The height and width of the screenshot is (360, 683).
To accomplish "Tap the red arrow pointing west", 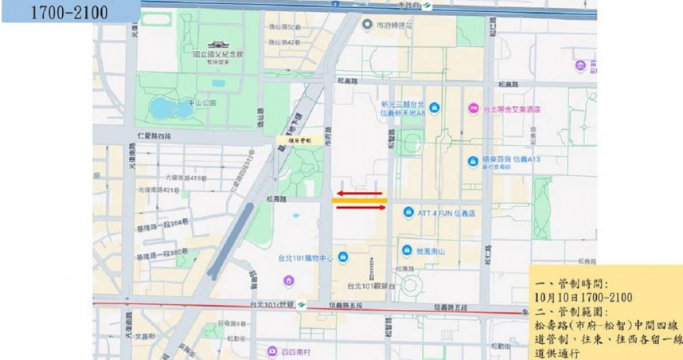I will point(360,193).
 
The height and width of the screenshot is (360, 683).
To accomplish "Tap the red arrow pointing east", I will point(360,208).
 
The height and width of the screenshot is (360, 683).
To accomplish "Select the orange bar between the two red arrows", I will point(359,201).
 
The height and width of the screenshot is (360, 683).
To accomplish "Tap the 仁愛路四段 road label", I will point(154,136).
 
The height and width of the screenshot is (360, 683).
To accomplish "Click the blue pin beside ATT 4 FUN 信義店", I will point(408,213).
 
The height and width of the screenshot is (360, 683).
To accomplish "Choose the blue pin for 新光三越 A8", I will point(434,108).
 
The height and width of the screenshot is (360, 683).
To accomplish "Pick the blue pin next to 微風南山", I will point(408,250).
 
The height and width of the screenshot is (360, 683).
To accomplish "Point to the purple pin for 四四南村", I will point(273,350).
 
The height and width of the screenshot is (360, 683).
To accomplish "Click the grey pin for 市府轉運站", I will point(367,25).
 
